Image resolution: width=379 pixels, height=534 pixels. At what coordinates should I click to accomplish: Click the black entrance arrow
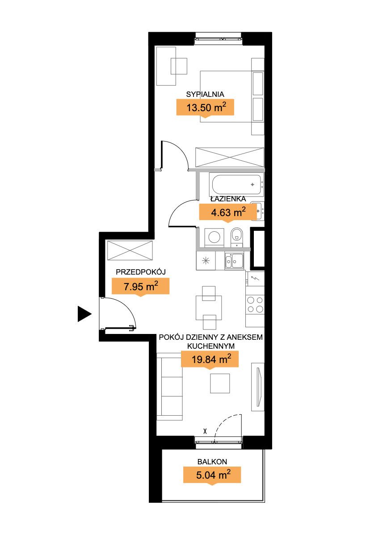pyautogui.click(x=84, y=313)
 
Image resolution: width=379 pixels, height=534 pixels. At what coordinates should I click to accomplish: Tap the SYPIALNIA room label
pyautogui.click(x=205, y=94)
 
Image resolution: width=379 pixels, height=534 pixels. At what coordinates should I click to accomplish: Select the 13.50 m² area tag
pyautogui.click(x=205, y=108)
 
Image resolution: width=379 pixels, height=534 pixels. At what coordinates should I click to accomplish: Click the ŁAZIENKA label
pyautogui.click(x=228, y=199)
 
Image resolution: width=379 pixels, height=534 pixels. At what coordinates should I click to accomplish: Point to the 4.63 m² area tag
pyautogui.click(x=227, y=213)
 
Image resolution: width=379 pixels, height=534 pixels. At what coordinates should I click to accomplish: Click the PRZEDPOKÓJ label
pyautogui.click(x=140, y=272)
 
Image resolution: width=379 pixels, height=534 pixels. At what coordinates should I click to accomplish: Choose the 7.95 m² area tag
pyautogui.click(x=140, y=286)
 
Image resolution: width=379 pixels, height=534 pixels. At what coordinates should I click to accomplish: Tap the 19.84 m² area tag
pyautogui.click(x=210, y=359)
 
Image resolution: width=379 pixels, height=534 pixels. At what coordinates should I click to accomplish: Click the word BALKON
pyautogui.click(x=212, y=462)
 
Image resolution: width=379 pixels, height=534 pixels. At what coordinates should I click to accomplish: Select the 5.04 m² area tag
pyautogui.click(x=212, y=475)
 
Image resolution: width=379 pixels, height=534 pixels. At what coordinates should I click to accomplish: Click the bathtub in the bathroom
pyautogui.click(x=237, y=185)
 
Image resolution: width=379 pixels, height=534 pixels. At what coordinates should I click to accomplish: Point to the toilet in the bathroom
pyautogui.click(x=236, y=236)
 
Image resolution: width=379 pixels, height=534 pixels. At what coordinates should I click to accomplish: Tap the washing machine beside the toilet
pyautogui.click(x=214, y=237)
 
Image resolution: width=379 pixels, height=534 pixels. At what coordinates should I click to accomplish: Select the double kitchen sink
pyautogui.click(x=234, y=261)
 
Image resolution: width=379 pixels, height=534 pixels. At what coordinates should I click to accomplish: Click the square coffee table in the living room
pyautogui.click(x=220, y=384)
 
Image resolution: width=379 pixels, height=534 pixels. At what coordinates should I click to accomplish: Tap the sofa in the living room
pyautogui.click(x=169, y=386)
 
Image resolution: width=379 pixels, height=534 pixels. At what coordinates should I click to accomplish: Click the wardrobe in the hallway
pyautogui.click(x=130, y=250)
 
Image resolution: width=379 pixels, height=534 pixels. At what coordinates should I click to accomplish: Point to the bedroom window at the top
pyautogui.click(x=219, y=39)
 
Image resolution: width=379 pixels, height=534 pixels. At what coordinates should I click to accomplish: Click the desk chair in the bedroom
pyautogui.click(x=179, y=67)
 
